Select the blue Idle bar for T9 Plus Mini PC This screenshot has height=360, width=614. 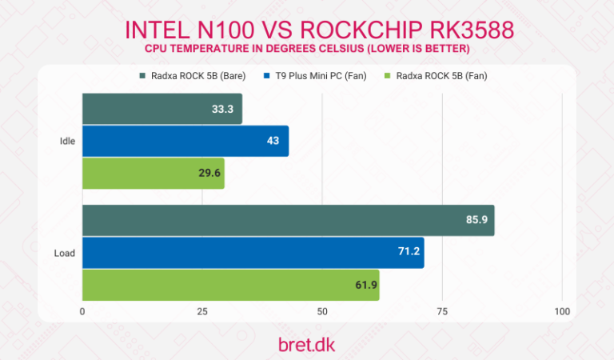(185, 141)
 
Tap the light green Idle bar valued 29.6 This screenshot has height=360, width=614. (153, 173)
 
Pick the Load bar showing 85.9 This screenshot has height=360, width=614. (288, 220)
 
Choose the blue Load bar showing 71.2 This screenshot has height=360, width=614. (253, 252)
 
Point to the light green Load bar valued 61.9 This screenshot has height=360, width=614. (230, 284)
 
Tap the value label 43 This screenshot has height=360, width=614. (273, 141)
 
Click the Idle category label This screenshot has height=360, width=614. (67, 141)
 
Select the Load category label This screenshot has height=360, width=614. (65, 253)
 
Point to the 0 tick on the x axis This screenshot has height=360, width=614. (82, 311)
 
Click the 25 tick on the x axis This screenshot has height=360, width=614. (201, 311)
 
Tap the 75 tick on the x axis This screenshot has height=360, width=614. (441, 311)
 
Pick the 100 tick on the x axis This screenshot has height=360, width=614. (561, 311)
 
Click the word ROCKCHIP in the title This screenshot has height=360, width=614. (365, 30)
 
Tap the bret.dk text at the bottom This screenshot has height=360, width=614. (306, 343)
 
